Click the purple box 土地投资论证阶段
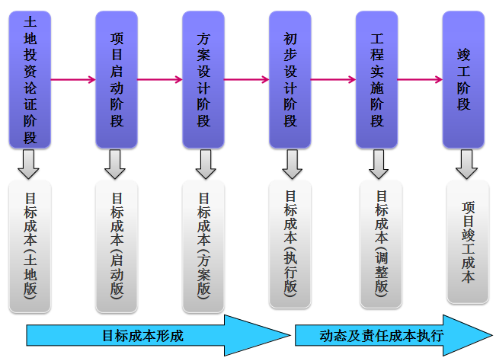point(30,79)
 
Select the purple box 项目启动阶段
point(117,79)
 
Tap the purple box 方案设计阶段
point(203,79)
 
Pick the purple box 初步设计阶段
point(290,79)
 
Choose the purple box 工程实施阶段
point(377,79)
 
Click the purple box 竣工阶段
point(464,79)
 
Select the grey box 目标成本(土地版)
point(30,246)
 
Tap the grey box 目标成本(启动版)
point(117,246)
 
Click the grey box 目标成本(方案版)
point(203,246)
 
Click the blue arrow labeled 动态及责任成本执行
point(389,335)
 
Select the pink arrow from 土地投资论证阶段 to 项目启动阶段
point(73,79)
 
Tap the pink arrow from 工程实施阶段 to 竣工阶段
point(421,79)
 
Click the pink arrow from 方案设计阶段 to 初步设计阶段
point(247,79)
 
